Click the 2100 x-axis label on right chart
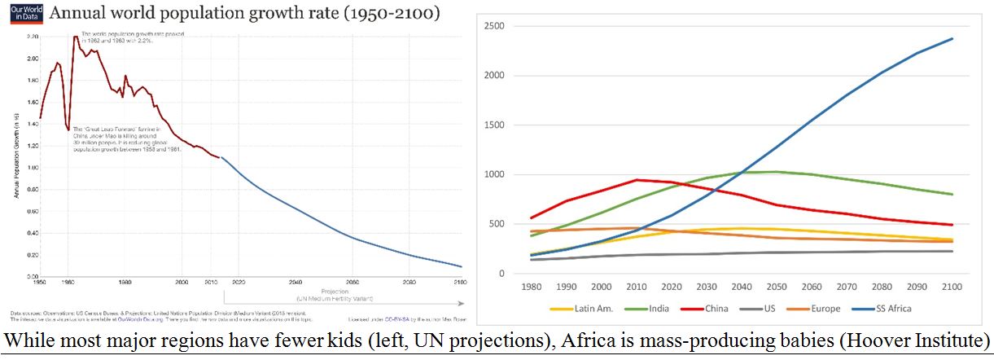pos(950,288)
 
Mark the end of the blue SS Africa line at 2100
pos(952,38)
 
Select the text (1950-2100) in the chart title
pos(383,14)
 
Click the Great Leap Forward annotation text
pos(114,142)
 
